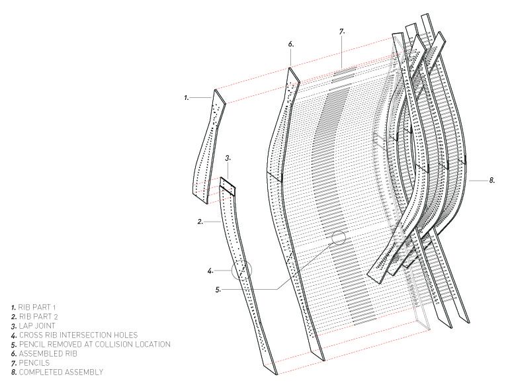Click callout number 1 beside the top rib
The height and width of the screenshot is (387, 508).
click(x=187, y=97)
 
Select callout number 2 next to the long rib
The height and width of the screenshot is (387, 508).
click(x=200, y=222)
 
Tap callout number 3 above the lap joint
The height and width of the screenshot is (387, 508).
click(x=228, y=158)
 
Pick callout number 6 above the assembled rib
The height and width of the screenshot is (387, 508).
click(x=290, y=44)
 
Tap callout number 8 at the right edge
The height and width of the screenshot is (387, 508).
click(x=492, y=179)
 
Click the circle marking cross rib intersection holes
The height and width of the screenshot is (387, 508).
click(x=242, y=270)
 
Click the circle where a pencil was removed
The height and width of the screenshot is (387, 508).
click(x=339, y=237)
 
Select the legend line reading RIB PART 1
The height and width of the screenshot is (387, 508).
click(x=30, y=308)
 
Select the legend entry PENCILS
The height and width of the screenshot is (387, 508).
click(x=27, y=363)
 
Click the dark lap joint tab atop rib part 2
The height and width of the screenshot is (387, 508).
click(x=228, y=186)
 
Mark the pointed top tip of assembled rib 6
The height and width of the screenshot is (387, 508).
click(x=291, y=68)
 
